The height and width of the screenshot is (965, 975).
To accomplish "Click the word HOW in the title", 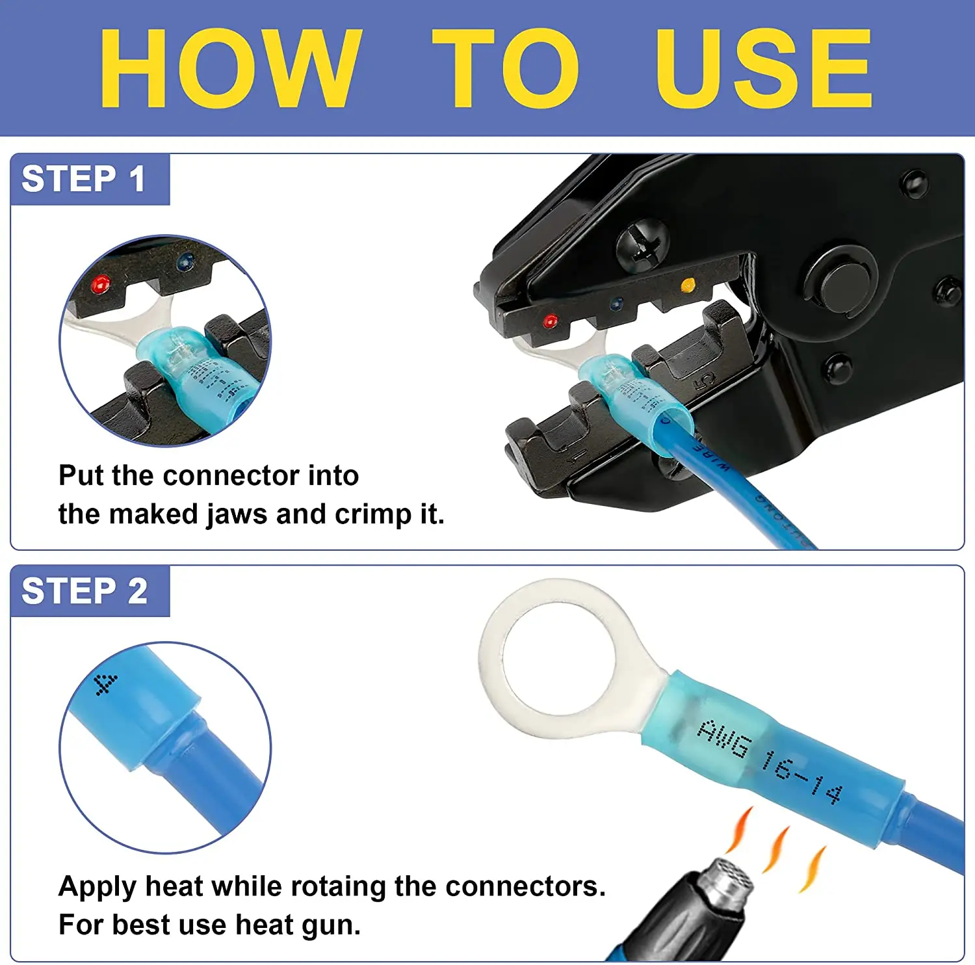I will tap(229, 68).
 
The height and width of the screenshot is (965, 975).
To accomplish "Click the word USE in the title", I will tap(764, 68).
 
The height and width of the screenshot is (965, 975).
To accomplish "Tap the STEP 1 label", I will tap(83, 179).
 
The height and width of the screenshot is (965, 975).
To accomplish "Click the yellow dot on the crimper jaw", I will tap(687, 285).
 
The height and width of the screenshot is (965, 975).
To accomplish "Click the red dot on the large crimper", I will tap(550, 321).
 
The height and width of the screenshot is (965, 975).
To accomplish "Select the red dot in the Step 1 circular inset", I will tap(100, 284).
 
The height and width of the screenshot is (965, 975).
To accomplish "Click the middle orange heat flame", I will tap(777, 849).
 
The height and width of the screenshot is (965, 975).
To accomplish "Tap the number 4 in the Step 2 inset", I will tap(105, 685).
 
